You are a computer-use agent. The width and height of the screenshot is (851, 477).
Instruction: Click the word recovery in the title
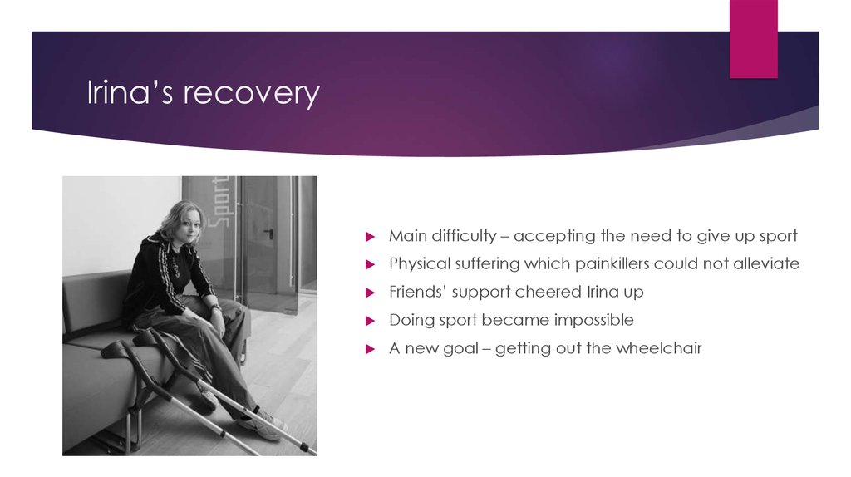coord(251,94)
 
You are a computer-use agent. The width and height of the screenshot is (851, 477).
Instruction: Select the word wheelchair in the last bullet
coord(659,348)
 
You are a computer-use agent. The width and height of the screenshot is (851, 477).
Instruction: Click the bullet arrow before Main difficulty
coord(371,237)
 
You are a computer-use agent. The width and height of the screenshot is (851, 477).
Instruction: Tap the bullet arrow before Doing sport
coord(371,321)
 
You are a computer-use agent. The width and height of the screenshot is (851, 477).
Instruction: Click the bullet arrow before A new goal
coord(371,349)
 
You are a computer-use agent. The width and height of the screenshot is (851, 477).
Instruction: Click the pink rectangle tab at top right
coord(753,39)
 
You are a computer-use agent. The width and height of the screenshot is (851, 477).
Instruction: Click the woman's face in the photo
coord(189,224)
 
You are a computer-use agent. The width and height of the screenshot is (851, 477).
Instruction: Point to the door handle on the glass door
coord(268,232)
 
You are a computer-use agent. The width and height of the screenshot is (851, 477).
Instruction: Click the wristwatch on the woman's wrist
coord(214,307)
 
